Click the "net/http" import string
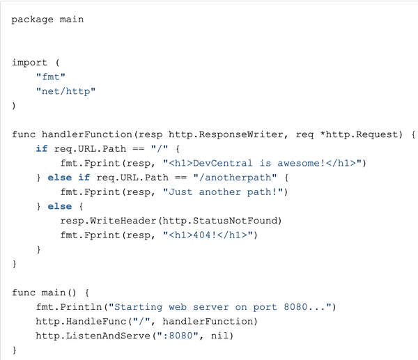(65, 91)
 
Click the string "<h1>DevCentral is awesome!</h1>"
(264, 163)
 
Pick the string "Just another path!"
(225, 191)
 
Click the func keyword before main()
(24, 292)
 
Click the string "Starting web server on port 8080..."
(222, 307)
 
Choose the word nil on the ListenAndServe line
(225, 336)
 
